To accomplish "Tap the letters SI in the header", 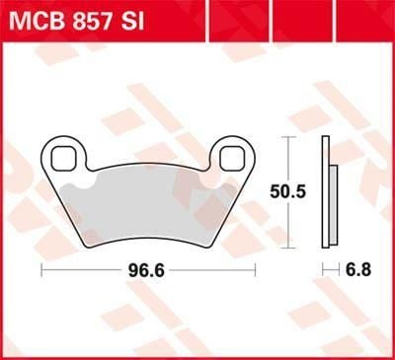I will [x=159, y=20].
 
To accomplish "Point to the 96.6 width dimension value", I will [x=143, y=268].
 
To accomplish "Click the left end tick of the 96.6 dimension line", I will [x=40, y=268].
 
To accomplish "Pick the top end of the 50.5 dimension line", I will [x=287, y=137].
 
